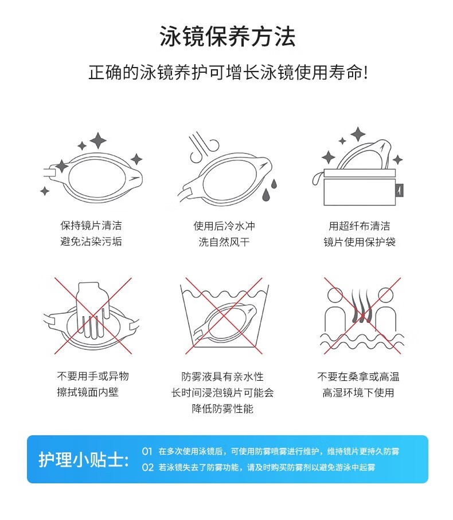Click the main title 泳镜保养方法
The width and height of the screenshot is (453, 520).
(227, 37)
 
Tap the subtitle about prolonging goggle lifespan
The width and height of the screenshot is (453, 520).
(228, 72)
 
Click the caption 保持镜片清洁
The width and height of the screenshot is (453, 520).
(91, 226)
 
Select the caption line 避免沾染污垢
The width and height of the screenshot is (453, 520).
(91, 242)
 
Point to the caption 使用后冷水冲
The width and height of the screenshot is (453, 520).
(224, 226)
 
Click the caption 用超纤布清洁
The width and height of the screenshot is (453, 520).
(360, 226)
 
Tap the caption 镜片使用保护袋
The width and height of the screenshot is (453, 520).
(360, 242)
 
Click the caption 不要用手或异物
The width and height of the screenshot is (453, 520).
(93, 376)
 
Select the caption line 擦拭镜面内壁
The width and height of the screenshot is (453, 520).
(88, 392)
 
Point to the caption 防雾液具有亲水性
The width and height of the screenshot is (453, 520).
(222, 376)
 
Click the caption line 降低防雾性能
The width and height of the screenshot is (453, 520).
(222, 408)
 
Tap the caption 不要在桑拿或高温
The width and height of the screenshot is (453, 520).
(358, 376)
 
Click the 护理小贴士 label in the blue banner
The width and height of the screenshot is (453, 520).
(83, 460)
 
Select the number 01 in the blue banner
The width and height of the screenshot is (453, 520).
(147, 451)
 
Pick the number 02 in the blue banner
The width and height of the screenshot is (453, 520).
(147, 468)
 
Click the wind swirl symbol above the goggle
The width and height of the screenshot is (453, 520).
(204, 148)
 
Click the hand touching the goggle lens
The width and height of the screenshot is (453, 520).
(92, 309)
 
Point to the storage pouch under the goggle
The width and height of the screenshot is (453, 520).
(360, 187)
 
